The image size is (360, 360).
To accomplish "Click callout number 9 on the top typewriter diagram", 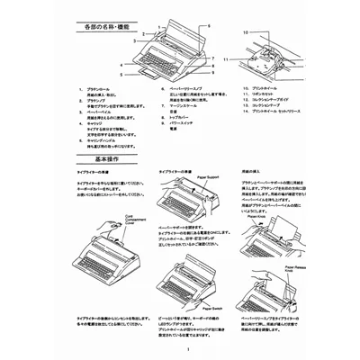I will (x=211, y=71).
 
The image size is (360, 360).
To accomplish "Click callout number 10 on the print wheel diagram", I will (x=244, y=31).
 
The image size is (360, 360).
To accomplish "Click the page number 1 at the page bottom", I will (x=181, y=348).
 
